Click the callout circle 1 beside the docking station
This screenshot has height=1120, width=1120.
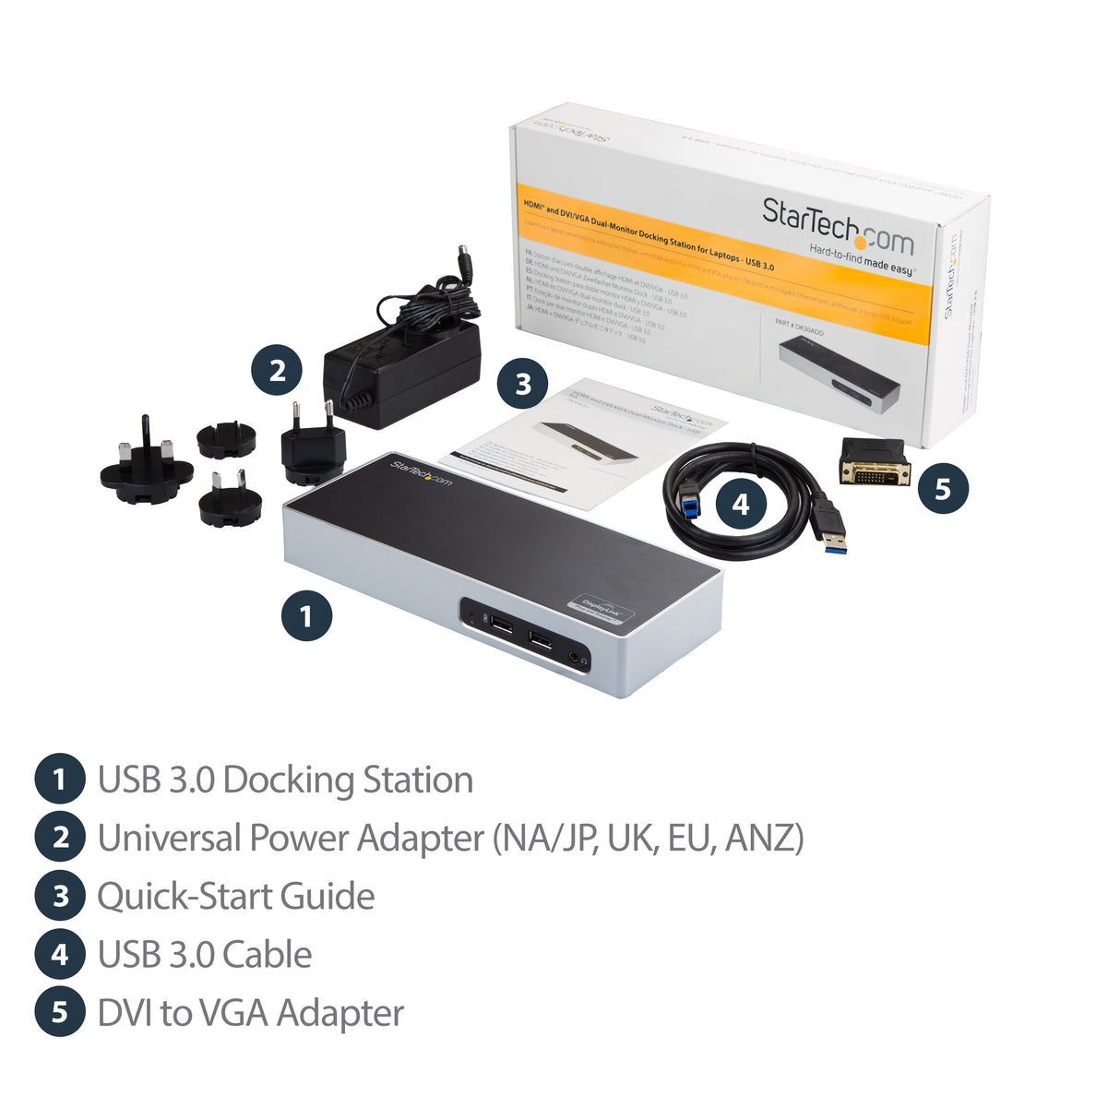tap(306, 615)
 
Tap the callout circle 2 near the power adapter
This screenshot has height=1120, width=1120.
tap(277, 371)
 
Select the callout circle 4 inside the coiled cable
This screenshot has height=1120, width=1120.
tap(740, 504)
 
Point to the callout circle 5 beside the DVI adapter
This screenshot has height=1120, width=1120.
tap(942, 488)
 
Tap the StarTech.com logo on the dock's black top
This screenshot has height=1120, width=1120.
tap(422, 471)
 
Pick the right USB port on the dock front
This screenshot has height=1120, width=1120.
tap(542, 638)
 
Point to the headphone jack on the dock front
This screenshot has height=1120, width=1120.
tap(578, 658)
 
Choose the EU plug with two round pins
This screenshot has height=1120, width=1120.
tap(312, 447)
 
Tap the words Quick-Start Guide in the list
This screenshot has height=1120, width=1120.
tap(236, 897)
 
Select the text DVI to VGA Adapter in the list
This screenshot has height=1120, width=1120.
tap(251, 1013)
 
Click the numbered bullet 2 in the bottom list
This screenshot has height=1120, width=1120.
tap(60, 838)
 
